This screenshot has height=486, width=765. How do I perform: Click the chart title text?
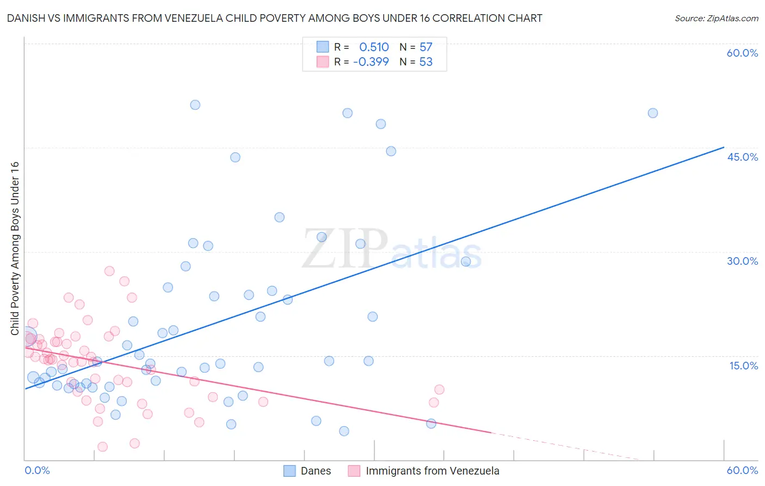[x=274, y=18]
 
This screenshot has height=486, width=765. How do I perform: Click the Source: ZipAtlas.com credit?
[x=716, y=18]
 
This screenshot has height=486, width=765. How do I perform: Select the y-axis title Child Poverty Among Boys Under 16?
[x=15, y=248]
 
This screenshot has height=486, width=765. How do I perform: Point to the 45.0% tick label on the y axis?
[x=742, y=157]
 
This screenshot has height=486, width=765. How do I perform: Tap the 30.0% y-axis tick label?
[x=742, y=261]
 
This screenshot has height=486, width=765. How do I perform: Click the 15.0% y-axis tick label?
[x=743, y=366]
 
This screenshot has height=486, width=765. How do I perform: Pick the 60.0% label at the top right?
[x=742, y=53]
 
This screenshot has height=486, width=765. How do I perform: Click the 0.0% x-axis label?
[x=37, y=470]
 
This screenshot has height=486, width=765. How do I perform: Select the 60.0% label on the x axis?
[x=742, y=470]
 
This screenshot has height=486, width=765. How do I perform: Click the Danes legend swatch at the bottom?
[x=290, y=471]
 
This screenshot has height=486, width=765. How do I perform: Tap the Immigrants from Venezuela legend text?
[x=432, y=471]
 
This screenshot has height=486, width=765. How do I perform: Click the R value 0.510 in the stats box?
[x=374, y=47]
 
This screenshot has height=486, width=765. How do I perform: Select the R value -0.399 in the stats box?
[x=371, y=62]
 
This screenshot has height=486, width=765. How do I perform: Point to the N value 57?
[x=425, y=47]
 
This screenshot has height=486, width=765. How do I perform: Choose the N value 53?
[x=425, y=62]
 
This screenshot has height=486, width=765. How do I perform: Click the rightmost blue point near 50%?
[x=652, y=113]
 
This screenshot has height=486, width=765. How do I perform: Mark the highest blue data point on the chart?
[x=195, y=105]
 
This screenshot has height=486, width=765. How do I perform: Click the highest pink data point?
[x=109, y=271]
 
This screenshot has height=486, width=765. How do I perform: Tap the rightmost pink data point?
[x=439, y=390]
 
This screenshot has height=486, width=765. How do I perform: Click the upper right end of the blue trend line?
[x=723, y=147]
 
